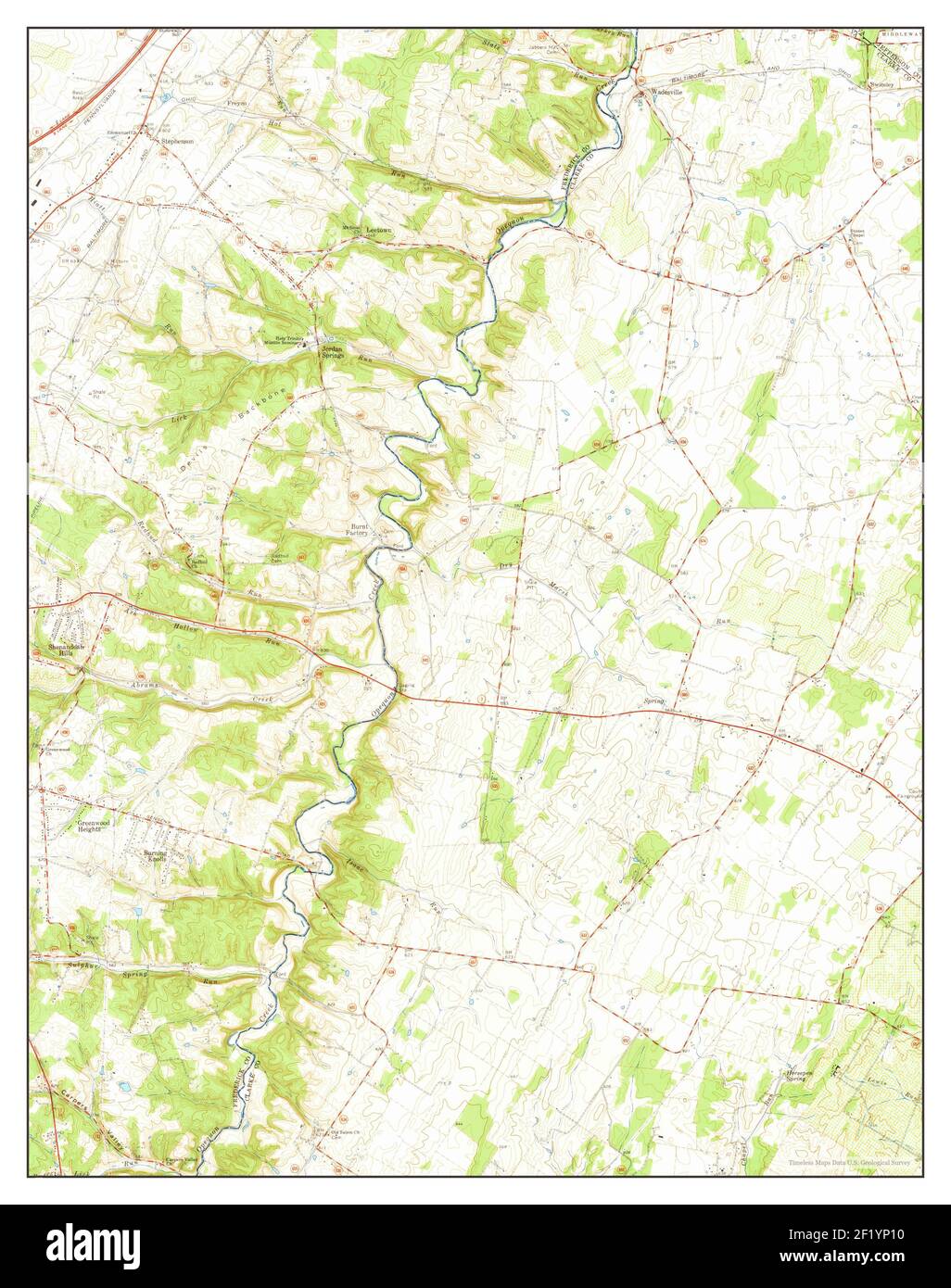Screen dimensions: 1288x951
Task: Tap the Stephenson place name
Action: pyautogui.click(x=176, y=142)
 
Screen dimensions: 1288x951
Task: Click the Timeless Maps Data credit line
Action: pyautogui.click(x=849, y=1162)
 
